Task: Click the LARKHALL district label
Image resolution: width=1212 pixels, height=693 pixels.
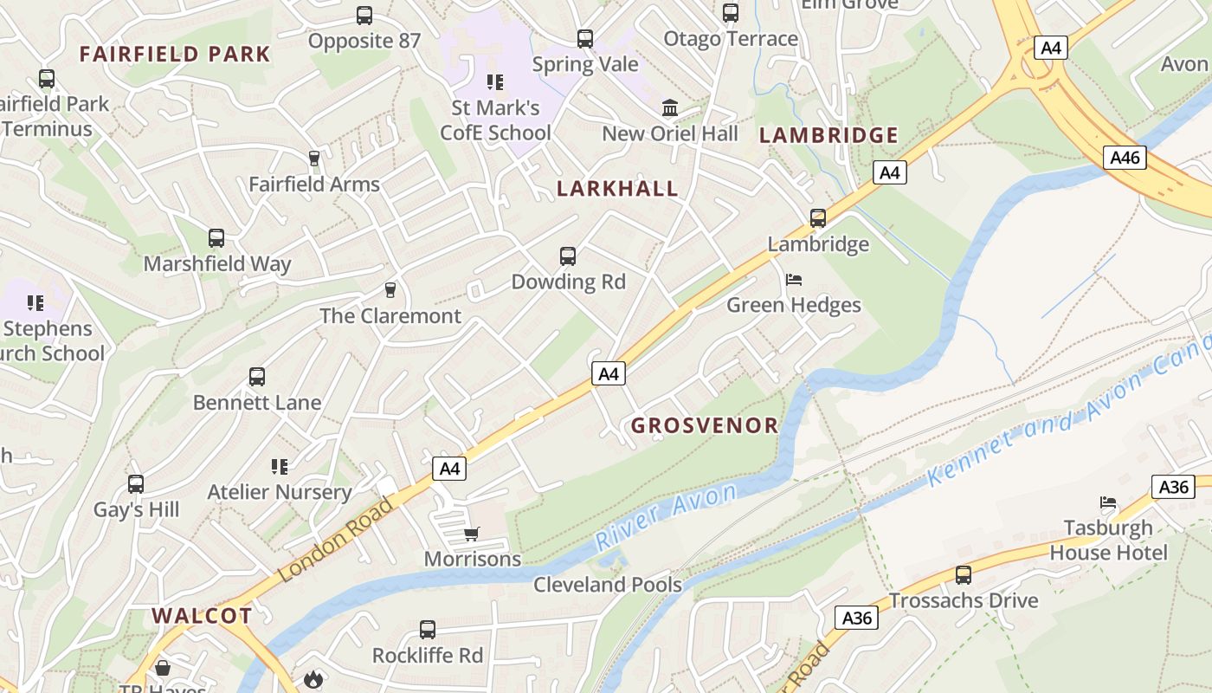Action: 617,189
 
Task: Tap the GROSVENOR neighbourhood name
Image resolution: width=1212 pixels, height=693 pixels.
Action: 705,425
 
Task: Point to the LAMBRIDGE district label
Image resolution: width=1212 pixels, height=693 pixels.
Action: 828,135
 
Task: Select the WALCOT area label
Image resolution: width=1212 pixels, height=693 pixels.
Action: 203,616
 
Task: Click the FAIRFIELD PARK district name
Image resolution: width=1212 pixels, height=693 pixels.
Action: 176,54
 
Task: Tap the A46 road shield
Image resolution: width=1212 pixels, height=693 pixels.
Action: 1125,157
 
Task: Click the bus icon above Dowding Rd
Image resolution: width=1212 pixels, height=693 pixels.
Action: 568,256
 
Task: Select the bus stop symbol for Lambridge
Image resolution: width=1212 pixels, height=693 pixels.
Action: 818,218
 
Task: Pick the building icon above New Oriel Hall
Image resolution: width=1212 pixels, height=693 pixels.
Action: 670,108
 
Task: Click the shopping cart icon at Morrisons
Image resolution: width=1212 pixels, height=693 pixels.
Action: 472,534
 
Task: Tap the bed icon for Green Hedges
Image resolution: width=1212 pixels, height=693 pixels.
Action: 794,280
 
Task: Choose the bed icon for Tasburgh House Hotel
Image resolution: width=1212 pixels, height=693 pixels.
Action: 1108,502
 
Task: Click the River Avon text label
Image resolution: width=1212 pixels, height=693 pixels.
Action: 666,516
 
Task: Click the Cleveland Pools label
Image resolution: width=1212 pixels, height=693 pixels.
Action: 608,585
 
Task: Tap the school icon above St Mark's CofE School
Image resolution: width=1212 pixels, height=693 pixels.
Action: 495,82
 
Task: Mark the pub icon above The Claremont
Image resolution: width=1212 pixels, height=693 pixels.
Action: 390,289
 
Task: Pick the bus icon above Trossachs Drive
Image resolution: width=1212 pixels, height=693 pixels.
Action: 963,574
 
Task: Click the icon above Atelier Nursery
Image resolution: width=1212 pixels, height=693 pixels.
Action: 279,467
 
